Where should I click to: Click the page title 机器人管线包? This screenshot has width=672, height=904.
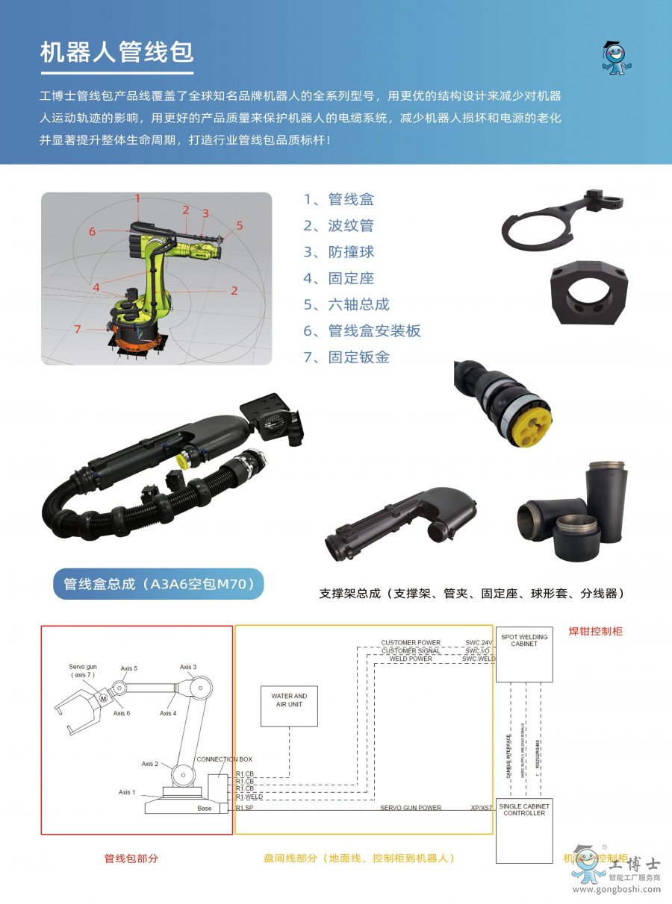[x=116, y=52]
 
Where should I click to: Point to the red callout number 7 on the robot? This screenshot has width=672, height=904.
[x=77, y=329]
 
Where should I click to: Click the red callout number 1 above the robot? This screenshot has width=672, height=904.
[x=137, y=198]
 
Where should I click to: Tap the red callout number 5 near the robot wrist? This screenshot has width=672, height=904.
[x=240, y=225]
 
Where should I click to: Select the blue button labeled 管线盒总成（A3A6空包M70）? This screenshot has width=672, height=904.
[x=158, y=584]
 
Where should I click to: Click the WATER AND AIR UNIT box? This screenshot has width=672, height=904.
[x=289, y=706]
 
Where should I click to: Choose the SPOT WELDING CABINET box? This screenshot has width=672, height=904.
[x=524, y=653]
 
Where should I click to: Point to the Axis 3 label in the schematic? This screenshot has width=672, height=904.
[x=188, y=667]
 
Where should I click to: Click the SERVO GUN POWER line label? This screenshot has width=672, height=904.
[x=410, y=808]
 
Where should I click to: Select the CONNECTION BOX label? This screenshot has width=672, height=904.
[x=224, y=759]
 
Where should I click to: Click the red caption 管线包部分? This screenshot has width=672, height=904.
[x=131, y=859]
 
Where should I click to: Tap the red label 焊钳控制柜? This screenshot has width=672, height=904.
[x=595, y=631]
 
